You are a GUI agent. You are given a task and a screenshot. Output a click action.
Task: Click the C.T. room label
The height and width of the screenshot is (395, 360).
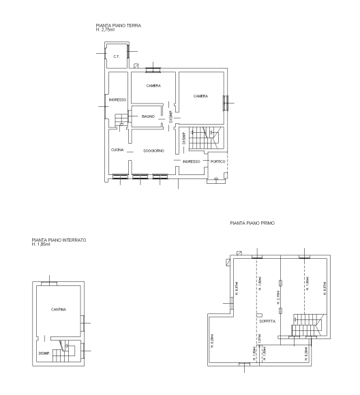tap(117, 57)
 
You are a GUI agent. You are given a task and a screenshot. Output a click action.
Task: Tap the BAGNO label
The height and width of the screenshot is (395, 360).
tap(149, 116)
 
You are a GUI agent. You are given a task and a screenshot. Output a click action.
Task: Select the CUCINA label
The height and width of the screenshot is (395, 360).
tap(117, 149)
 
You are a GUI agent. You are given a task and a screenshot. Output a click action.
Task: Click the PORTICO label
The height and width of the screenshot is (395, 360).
tap(217, 161)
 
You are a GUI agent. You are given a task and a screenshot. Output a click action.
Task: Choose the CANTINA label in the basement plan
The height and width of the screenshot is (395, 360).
tap(58, 309)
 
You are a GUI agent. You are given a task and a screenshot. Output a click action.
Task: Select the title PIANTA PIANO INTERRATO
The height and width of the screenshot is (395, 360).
tap(59, 240)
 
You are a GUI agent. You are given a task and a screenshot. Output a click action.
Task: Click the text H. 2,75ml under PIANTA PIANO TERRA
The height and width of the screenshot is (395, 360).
tap(108, 31)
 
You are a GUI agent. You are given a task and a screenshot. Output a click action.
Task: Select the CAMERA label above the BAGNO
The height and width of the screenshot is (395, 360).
tap(153, 85)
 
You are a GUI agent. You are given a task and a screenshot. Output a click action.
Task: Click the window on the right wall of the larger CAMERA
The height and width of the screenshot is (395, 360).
tap(225, 101)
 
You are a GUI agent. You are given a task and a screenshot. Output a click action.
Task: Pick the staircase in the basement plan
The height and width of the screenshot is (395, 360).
tap(65, 351)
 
